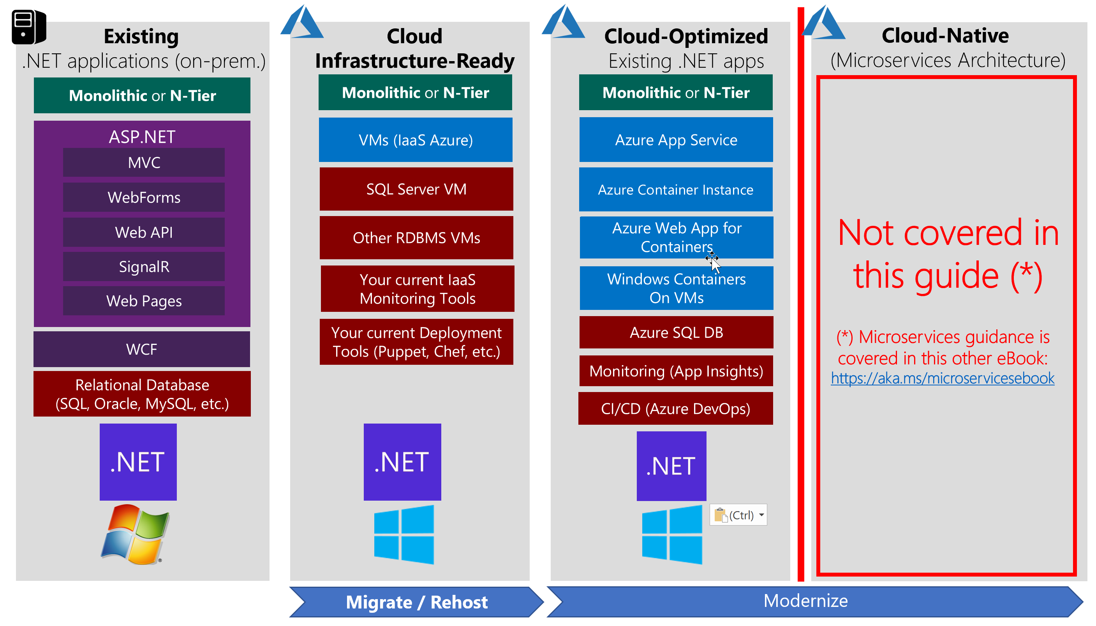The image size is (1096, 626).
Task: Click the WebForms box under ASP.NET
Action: tap(144, 197)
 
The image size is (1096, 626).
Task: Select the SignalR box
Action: tap(144, 267)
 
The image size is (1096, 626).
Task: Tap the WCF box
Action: tap(142, 349)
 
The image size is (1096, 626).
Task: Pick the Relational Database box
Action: tap(142, 394)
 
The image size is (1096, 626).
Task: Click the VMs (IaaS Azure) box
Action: tap(416, 140)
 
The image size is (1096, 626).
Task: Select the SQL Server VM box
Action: tap(416, 189)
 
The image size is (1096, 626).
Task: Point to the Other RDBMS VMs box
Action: tap(416, 238)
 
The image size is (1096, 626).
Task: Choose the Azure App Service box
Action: tap(676, 140)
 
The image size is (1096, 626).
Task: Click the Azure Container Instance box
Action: tap(676, 190)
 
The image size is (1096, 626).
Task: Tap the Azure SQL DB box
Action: tap(677, 332)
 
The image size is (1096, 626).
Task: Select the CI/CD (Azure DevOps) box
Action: tap(676, 408)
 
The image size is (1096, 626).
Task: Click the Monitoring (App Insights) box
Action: tap(676, 371)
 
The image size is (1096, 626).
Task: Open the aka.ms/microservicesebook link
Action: tap(943, 378)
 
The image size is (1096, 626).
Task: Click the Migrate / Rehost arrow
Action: tap(416, 602)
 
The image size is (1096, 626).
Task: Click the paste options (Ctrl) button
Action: tap(738, 515)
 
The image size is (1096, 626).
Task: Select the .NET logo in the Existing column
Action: tap(138, 462)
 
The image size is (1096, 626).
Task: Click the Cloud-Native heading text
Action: tap(945, 35)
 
